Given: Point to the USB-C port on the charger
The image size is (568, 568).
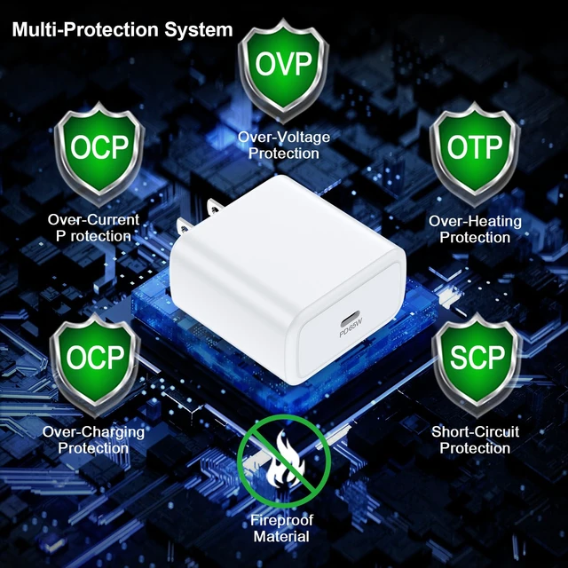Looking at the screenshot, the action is [349, 319].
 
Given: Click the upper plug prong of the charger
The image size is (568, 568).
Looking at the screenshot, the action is [215, 207].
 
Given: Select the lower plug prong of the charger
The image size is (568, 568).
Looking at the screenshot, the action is [185, 226].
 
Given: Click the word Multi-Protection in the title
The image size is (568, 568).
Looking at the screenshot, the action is [86, 29].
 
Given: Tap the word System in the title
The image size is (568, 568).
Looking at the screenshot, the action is [199, 29].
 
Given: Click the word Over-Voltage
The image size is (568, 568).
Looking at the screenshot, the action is [284, 137].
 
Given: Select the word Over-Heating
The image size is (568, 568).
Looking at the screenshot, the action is [475, 221].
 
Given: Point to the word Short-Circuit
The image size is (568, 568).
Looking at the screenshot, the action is [475, 431].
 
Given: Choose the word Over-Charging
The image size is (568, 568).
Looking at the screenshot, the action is [93, 432].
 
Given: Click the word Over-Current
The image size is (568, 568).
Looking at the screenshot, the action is [93, 219].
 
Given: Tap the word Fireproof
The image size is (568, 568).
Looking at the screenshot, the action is [281, 520].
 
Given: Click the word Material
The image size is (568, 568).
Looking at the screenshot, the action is [281, 536].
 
